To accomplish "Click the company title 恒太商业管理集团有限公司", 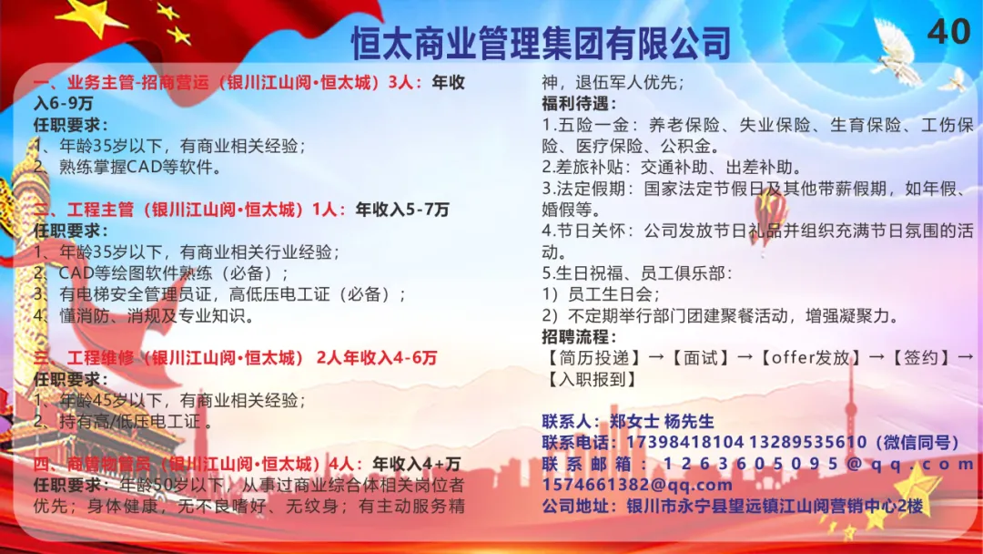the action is (x=541, y=43).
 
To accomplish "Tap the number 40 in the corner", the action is (x=948, y=31).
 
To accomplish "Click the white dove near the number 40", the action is (x=897, y=55).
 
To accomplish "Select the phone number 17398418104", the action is (x=684, y=442).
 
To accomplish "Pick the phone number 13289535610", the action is (x=807, y=442).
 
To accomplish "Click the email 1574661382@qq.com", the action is (x=637, y=485).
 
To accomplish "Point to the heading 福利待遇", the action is (x=579, y=104).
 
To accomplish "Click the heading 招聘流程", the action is (x=579, y=337).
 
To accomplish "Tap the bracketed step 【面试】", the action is (x=700, y=357).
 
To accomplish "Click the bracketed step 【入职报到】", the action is (x=592, y=379).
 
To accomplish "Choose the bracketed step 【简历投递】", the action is (x=593, y=357).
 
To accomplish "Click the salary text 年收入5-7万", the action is (x=402, y=210).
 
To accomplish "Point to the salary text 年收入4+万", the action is (x=416, y=464).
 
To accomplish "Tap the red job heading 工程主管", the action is (x=100, y=210).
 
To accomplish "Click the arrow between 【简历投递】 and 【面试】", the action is (x=655, y=357).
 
